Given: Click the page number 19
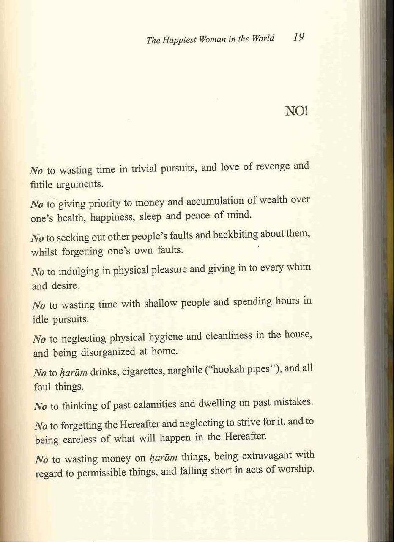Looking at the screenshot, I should click(298, 37).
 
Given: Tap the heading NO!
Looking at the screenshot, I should click(297, 111).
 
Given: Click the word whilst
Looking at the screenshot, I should click(44, 252).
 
